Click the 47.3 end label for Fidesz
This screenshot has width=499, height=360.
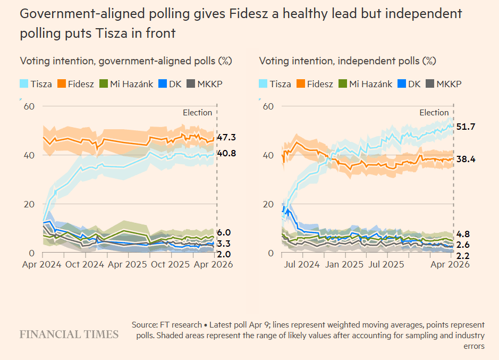226,138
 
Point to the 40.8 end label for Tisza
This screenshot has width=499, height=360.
226,154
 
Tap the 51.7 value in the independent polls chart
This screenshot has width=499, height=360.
466,127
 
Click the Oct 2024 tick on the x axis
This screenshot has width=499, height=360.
84,263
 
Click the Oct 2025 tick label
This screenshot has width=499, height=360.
170,263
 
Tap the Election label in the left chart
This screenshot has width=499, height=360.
197,113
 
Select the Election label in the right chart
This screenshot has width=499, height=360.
434,113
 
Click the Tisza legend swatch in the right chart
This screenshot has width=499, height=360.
263,84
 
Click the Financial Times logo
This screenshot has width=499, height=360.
69,334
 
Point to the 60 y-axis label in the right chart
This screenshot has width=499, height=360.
268,106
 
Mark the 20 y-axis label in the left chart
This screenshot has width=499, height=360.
30,204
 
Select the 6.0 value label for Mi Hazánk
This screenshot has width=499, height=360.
224,233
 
